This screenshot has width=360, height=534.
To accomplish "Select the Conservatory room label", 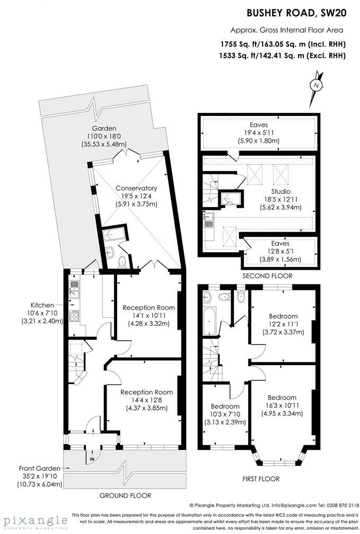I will tap(137, 188).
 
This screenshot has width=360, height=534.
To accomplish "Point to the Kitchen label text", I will tap(41, 305).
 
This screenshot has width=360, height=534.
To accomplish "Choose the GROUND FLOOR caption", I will tap(126, 495).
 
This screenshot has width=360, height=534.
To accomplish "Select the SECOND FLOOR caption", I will tap(267, 276).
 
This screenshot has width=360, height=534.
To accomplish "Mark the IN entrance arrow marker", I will tap(92, 459).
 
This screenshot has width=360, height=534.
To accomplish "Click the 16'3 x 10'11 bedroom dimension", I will tap(282, 406).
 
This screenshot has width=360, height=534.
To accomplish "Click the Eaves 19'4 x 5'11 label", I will tap(259, 133).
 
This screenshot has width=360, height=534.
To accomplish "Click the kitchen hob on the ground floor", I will tap(74, 317).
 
